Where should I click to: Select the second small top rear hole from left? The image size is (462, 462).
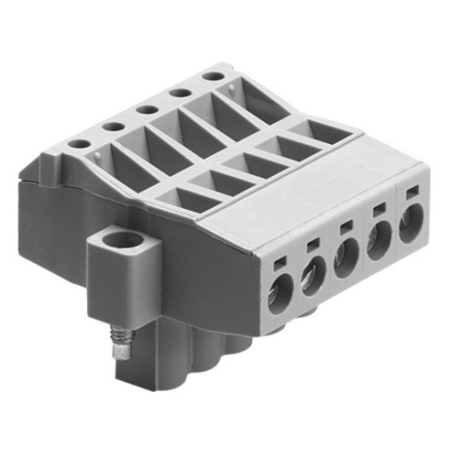tap(112, 126)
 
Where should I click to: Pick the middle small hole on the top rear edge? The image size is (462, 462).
tap(146, 108)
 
